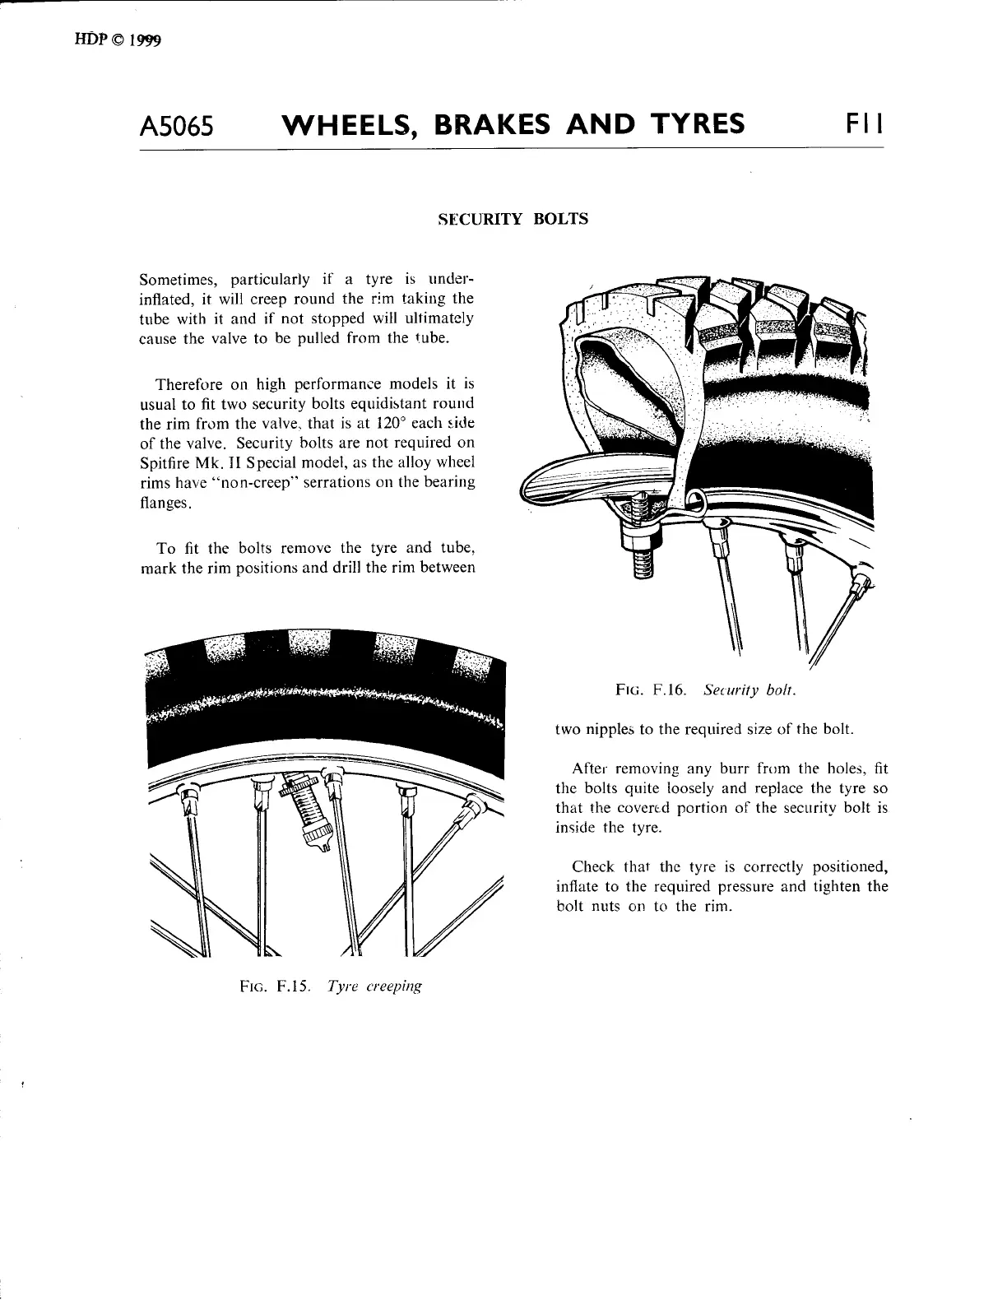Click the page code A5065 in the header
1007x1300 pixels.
[x=177, y=126]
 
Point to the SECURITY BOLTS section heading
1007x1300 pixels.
[x=513, y=219]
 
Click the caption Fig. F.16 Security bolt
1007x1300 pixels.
[x=706, y=691]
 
